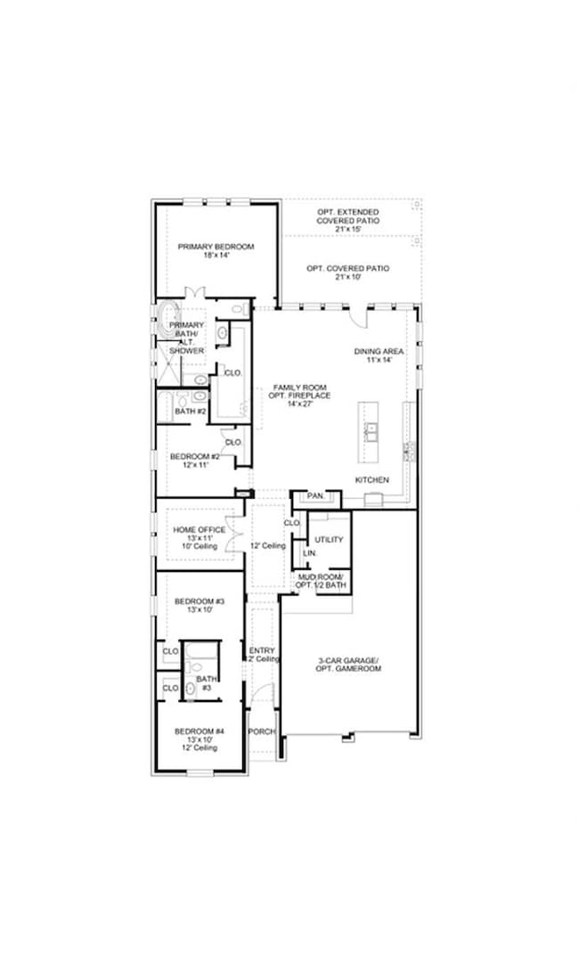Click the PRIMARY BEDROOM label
click(x=216, y=247)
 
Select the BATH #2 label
click(x=190, y=412)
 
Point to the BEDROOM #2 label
click(x=193, y=457)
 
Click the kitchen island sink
click(x=371, y=432)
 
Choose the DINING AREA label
click(x=379, y=351)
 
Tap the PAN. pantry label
click(x=314, y=495)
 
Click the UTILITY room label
click(x=329, y=540)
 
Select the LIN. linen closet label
click(x=309, y=553)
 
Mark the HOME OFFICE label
click(x=199, y=530)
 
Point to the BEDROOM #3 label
click(x=199, y=601)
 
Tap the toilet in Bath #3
click(x=190, y=688)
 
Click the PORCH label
click(x=262, y=731)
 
